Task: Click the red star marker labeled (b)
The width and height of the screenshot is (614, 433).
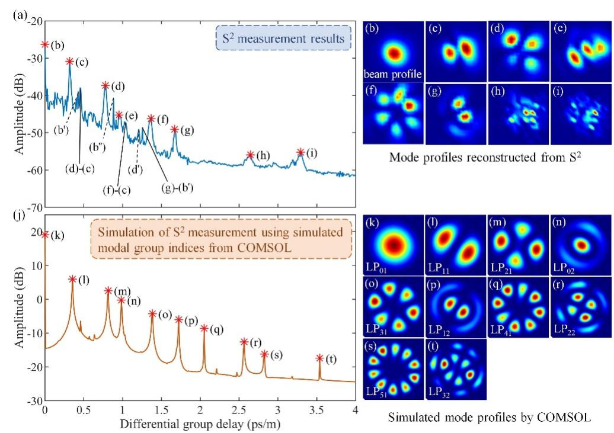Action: coord(45,44)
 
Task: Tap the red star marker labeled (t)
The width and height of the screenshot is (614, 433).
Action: coord(319,358)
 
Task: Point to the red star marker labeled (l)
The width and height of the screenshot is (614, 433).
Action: coord(72,280)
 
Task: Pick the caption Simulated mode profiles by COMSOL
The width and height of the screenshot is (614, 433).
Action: coord(489,417)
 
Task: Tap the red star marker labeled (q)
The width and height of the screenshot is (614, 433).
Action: coord(204,328)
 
